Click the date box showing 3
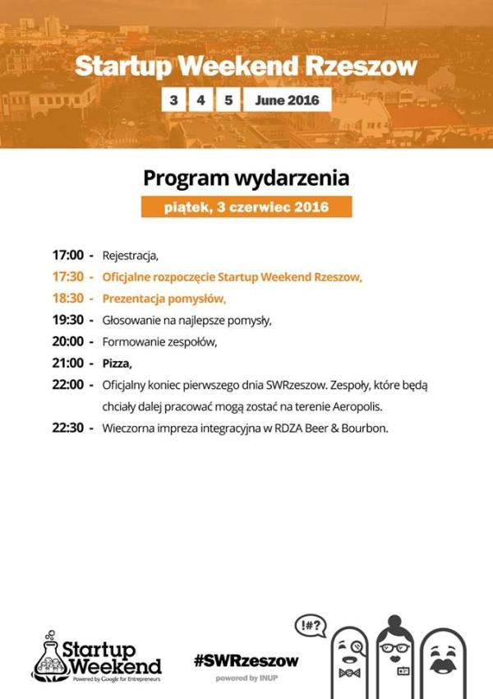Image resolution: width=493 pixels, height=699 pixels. point(173,100)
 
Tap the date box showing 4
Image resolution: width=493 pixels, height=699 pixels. point(200,100)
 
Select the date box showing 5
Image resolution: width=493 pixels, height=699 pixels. point(228,100)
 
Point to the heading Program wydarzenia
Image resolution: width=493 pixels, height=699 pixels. point(246,178)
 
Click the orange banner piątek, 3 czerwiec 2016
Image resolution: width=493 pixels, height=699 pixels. point(246,207)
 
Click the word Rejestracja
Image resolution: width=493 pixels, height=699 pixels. point(129,255)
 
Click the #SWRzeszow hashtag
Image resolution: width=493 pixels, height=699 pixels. point(246,660)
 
